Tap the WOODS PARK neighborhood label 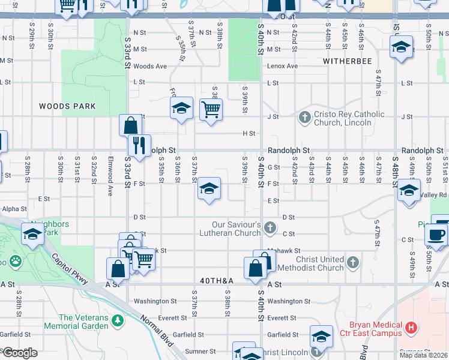67,106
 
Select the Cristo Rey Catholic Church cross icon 305,117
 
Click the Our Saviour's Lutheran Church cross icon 270,227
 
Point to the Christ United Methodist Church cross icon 354,262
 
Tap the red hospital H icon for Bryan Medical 411,328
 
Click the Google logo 19,353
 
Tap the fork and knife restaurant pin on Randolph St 139,145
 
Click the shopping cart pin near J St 211,109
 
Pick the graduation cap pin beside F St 208,189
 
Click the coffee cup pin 436,234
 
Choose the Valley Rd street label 434,195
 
